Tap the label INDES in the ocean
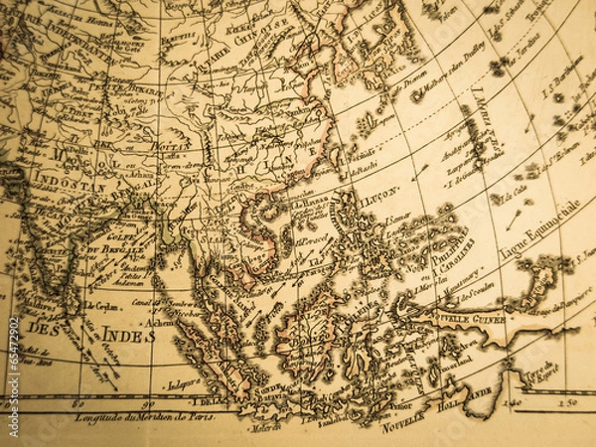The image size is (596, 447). pyautogui.click(x=127, y=334)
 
